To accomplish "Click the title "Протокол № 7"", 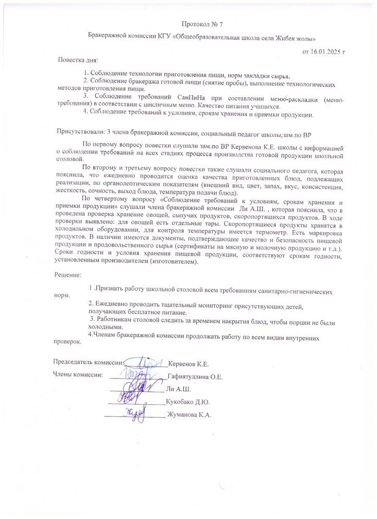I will [x=202, y=24].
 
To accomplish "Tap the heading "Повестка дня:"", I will [x=77, y=60].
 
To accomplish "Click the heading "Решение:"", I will [x=68, y=275].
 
